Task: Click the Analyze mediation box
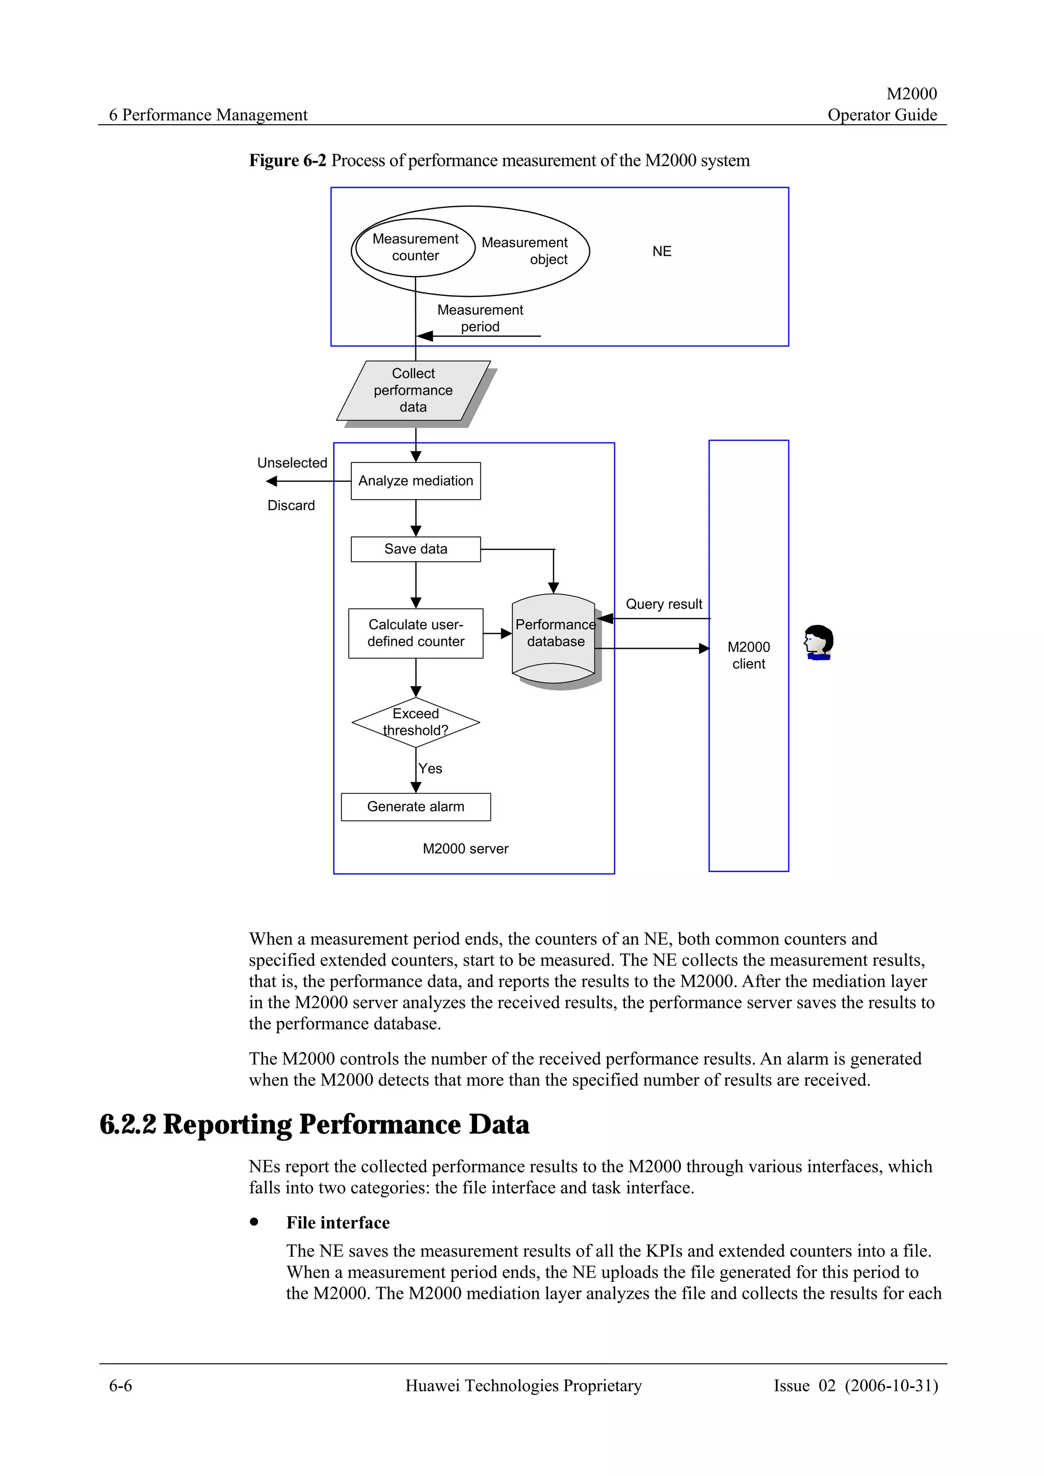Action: point(415,481)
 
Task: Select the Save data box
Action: point(415,549)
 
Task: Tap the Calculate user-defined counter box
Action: point(415,633)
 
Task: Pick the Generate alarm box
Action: point(415,807)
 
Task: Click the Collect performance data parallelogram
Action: point(413,390)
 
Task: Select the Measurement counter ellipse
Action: point(415,248)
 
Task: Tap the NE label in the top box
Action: point(662,252)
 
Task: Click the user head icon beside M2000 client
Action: point(818,642)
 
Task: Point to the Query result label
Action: point(664,604)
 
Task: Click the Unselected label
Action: point(292,463)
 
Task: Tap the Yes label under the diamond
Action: point(430,769)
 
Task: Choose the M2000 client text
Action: point(749,655)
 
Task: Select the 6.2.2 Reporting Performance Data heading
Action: point(315,1125)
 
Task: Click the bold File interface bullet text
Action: point(337,1223)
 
